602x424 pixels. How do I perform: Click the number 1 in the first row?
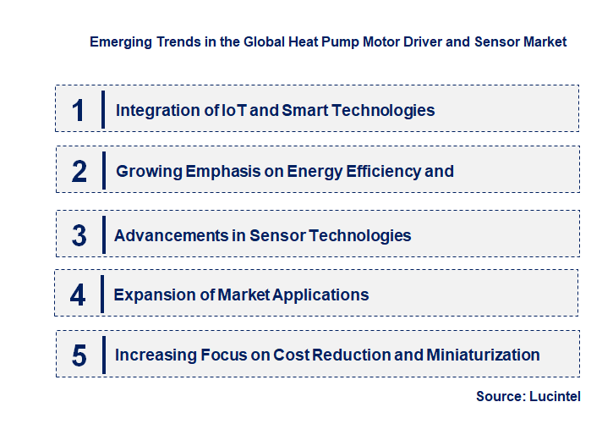click(78, 110)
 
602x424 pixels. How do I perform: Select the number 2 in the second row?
click(79, 171)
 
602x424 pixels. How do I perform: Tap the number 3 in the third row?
click(79, 235)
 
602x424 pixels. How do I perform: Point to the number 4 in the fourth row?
click(78, 295)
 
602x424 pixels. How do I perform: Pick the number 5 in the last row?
click(79, 355)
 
